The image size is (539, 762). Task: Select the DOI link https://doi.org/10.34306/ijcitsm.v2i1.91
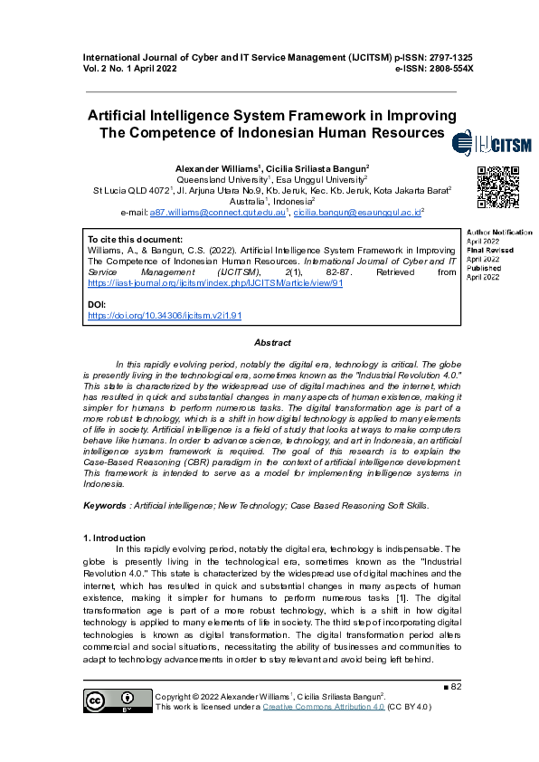pyautogui.click(x=165, y=317)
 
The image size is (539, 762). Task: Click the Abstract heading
pyautogui.click(x=272, y=343)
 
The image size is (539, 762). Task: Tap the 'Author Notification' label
pyautogui.click(x=499, y=233)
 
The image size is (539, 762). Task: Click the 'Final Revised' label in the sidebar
pyautogui.click(x=489, y=250)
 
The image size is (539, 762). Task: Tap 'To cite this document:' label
pyautogui.click(x=134, y=239)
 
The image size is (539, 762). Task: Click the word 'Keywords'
pyautogui.click(x=104, y=504)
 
